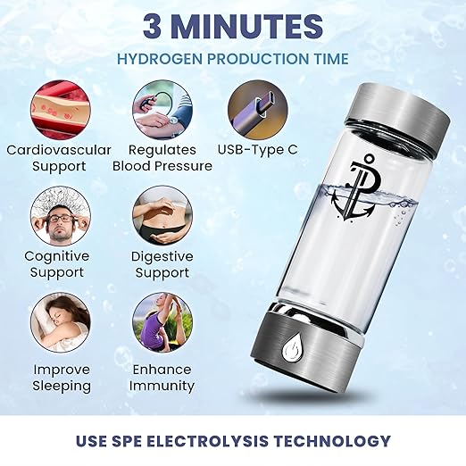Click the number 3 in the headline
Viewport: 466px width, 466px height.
coord(155,27)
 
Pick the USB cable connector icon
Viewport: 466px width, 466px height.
coord(257,107)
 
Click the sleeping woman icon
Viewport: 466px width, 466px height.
coord(60,323)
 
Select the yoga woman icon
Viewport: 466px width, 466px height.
coord(162,323)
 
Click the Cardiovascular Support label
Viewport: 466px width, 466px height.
coord(59,158)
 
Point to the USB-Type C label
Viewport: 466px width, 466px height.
coord(259,149)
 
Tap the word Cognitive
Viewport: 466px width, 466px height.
coord(57,256)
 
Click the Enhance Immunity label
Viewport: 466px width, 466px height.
coord(162,378)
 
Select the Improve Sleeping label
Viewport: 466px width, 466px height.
coord(62,378)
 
